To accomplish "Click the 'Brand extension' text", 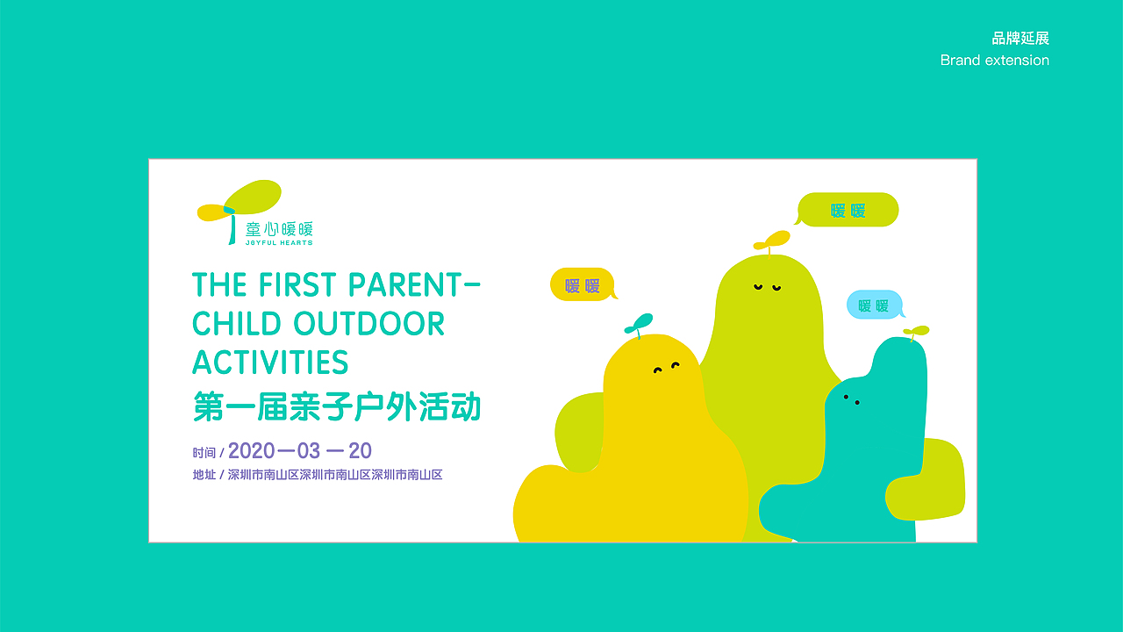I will (x=994, y=61).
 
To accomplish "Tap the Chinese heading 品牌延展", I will (x=1020, y=39).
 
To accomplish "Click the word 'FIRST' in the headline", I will (x=298, y=284).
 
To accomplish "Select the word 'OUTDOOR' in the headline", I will (x=368, y=324).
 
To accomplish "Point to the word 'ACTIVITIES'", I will (x=270, y=363).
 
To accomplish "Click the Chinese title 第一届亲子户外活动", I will (x=337, y=407).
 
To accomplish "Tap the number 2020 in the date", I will (x=251, y=451).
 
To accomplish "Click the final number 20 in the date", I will (x=360, y=451).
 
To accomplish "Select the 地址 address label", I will (x=204, y=475).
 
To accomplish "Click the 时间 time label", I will (x=204, y=453).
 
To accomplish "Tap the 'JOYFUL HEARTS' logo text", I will (x=279, y=242).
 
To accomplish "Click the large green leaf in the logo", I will (x=254, y=197).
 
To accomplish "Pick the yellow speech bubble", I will (x=582, y=285).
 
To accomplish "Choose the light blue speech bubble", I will (x=874, y=305).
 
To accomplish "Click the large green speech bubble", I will (x=848, y=211).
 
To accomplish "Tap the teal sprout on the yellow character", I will (x=640, y=323).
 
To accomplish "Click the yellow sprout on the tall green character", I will (x=773, y=239).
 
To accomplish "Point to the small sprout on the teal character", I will (x=917, y=331).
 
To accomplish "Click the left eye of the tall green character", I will (x=757, y=286).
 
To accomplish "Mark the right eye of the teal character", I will (x=857, y=403).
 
